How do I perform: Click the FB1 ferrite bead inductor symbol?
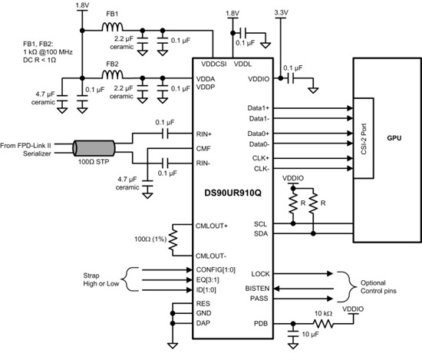(113, 27)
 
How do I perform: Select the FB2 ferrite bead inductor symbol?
(113, 74)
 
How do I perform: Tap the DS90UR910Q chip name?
(232, 193)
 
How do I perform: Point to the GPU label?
(394, 138)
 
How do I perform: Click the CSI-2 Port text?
(364, 139)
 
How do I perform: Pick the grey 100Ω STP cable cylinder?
(94, 148)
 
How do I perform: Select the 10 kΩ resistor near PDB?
(323, 323)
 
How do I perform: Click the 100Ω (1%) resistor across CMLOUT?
(173, 239)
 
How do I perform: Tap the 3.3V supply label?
(282, 12)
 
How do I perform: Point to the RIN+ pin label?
(204, 134)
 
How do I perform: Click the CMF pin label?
(203, 149)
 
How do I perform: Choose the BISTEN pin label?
(257, 289)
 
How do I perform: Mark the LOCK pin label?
(260, 274)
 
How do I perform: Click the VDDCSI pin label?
(214, 64)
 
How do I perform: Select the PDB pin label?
(261, 323)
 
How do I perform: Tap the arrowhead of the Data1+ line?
(350, 108)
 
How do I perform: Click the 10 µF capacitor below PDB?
(293, 333)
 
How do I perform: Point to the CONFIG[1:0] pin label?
(216, 269)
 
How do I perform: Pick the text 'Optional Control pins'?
(378, 287)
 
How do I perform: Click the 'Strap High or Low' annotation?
(101, 279)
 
